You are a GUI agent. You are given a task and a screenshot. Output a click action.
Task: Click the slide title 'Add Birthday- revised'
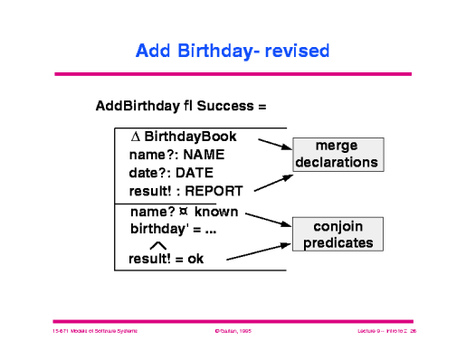233,51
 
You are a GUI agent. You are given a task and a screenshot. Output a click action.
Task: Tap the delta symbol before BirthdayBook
137,137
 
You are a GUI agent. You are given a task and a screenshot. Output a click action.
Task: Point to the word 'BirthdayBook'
191,137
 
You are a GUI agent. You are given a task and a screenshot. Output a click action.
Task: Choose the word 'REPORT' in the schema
214,190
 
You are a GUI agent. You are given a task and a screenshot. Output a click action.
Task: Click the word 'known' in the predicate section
216,213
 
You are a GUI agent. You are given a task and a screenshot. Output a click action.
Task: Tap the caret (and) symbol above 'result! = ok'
157,244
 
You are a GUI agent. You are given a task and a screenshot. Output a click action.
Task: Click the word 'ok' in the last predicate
196,260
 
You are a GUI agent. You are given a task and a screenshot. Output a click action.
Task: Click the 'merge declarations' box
337,155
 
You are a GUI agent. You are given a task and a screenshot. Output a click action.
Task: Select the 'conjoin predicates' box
337,233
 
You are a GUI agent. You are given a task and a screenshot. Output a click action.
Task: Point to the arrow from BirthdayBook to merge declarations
274,144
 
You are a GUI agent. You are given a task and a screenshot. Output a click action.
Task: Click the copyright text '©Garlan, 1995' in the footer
233,332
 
